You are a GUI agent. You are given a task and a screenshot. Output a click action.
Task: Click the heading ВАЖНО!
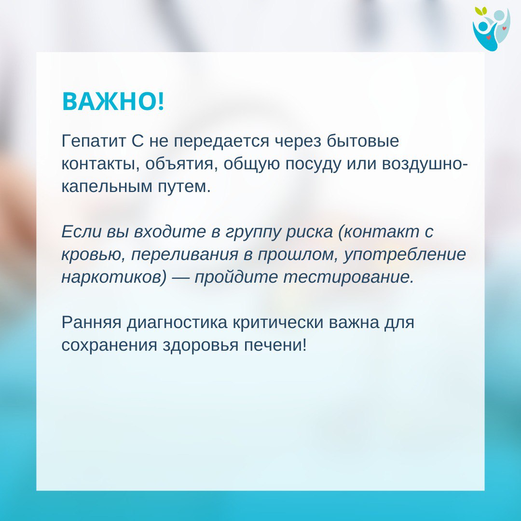113,101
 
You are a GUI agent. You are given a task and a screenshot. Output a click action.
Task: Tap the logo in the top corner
492,29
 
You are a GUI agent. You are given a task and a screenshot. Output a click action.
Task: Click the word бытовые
363,141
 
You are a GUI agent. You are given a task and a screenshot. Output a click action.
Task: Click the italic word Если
82,232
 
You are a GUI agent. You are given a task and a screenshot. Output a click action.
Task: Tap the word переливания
185,255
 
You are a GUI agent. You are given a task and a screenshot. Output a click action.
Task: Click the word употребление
405,255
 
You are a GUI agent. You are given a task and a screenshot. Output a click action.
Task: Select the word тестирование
349,277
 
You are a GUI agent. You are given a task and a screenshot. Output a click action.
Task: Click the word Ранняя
91,323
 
